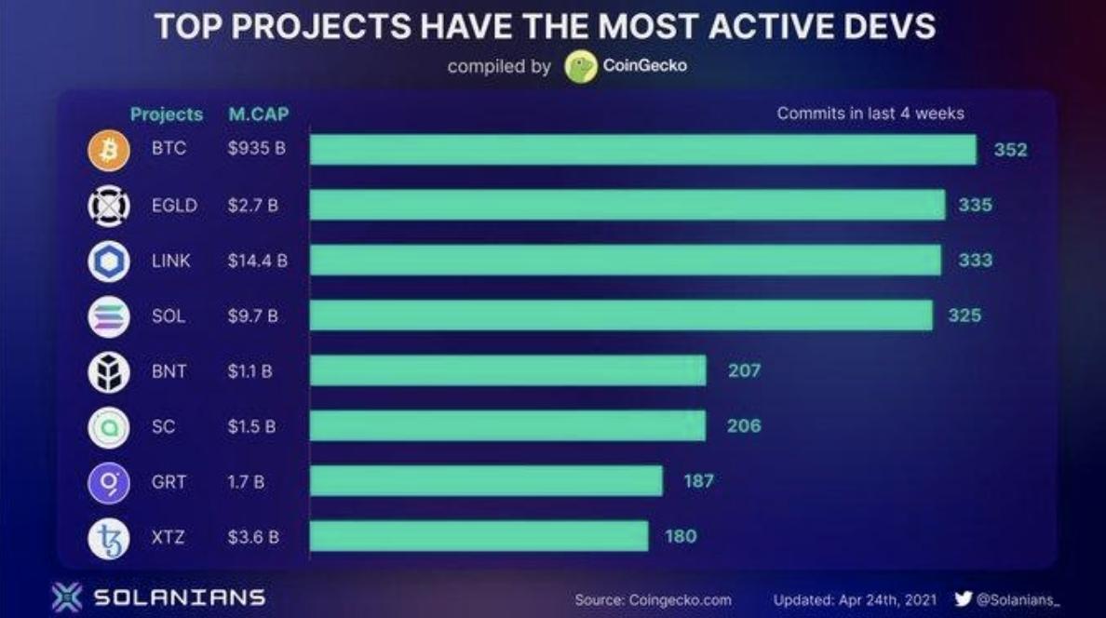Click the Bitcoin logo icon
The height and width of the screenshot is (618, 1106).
tap(108, 151)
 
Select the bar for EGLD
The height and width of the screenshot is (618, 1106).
tap(627, 205)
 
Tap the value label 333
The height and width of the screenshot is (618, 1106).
tap(975, 261)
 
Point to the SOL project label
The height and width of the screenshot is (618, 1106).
tap(169, 316)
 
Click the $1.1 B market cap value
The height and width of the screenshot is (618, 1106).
tap(250, 371)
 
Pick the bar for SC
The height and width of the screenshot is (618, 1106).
tap(507, 425)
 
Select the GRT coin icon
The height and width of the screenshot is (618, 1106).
tap(108, 482)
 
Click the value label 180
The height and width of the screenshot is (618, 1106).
tap(681, 536)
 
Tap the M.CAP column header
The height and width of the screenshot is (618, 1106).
tap(258, 114)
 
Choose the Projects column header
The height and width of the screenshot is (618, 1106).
tap(166, 114)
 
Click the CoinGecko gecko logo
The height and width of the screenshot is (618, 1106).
tap(581, 67)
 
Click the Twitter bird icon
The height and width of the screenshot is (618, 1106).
tap(964, 599)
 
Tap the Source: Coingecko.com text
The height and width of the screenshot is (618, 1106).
tap(653, 600)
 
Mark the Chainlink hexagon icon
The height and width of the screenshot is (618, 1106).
tap(108, 262)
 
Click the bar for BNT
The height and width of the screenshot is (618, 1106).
tap(507, 370)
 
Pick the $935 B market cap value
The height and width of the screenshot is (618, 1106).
tap(256, 150)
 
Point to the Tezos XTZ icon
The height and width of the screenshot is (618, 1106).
tap(108, 538)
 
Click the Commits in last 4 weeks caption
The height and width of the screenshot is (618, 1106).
tap(870, 114)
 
